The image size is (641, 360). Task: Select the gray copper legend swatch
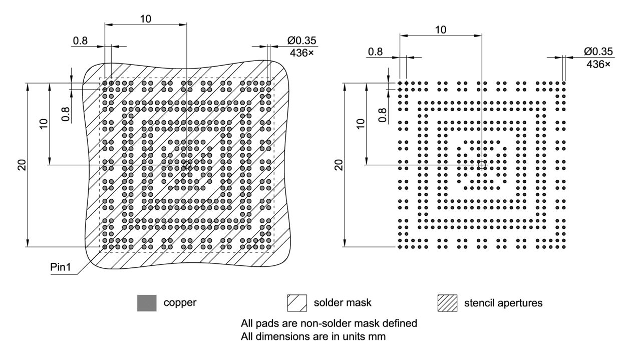click(x=147, y=303)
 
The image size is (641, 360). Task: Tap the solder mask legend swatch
click(x=296, y=303)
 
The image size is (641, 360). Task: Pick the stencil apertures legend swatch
click(x=447, y=303)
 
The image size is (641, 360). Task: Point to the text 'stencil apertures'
click(x=503, y=303)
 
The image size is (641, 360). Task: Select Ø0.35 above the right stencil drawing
click(x=598, y=52)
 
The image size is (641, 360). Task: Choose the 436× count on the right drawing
click(x=598, y=64)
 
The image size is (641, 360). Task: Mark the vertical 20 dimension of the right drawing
click(x=339, y=165)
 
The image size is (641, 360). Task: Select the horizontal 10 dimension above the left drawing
click(x=146, y=19)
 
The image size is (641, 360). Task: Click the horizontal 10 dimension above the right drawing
click(x=440, y=30)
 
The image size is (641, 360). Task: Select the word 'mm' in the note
click(x=378, y=336)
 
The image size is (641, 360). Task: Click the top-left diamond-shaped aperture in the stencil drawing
click(x=400, y=83)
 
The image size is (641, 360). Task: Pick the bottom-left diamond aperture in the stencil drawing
click(x=400, y=247)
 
